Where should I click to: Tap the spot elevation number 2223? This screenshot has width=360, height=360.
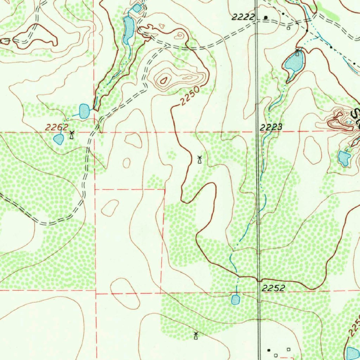point(271,127)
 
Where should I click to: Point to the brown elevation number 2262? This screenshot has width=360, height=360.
point(57,128)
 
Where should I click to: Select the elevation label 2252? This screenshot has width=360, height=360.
point(274,288)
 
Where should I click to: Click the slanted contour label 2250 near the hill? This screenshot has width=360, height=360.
point(190,96)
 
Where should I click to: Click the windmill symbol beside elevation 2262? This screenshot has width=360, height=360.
point(72,134)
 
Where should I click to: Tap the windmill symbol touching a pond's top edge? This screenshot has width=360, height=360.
point(298,53)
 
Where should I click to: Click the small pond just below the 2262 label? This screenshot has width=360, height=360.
point(58,139)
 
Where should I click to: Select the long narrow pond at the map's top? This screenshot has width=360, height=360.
point(128,30)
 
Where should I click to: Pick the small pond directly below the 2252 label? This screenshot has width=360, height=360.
point(236,300)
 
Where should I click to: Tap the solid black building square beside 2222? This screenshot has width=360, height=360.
point(266,17)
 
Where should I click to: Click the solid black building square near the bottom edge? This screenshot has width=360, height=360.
point(269,350)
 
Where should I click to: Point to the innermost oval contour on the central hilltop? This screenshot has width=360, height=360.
point(163,80)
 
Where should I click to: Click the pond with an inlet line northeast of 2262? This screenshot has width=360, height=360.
point(84,111)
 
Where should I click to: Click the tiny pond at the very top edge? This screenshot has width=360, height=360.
point(137,7)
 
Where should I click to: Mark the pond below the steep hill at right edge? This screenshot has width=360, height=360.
point(344,158)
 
